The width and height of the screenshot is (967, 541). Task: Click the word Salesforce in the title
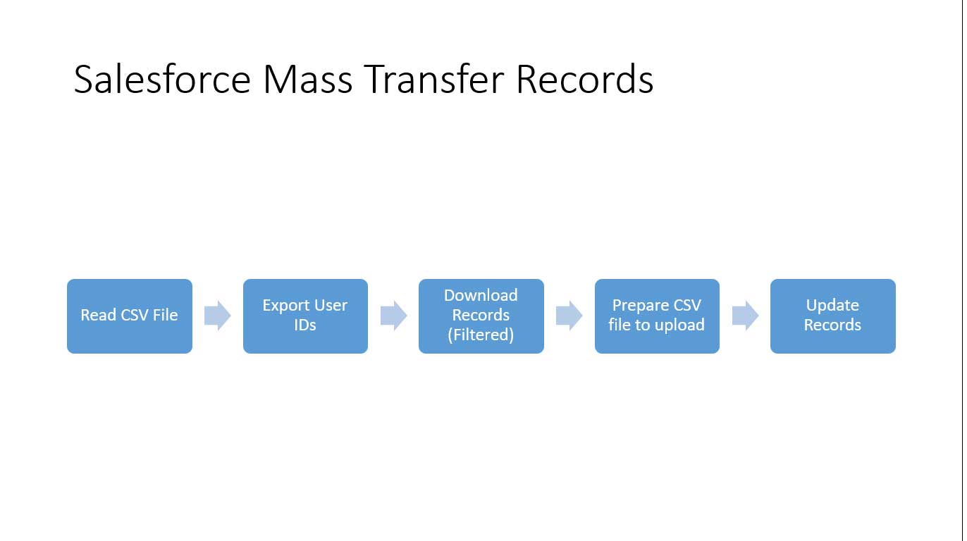click(x=162, y=79)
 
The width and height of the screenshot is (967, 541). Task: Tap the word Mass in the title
click(x=307, y=79)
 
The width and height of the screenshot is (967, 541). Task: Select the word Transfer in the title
click(x=434, y=79)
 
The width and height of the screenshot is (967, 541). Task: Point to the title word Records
click(x=585, y=79)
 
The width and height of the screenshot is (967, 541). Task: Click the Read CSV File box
click(x=130, y=316)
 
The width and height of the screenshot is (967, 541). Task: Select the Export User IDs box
click(x=305, y=316)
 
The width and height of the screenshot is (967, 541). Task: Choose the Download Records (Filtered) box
click(x=481, y=316)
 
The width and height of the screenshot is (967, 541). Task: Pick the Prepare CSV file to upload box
click(x=657, y=316)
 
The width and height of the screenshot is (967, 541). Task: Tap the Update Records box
click(x=833, y=316)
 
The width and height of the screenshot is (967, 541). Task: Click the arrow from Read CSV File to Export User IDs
click(x=218, y=316)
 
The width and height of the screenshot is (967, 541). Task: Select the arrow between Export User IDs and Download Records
click(x=394, y=316)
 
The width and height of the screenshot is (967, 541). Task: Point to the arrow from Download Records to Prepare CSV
click(x=569, y=316)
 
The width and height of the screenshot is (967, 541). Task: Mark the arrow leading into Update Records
click(x=746, y=316)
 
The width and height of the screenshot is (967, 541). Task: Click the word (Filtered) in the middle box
click(x=481, y=335)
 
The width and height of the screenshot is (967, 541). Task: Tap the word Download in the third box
click(x=481, y=296)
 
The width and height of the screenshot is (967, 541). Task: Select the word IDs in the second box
click(x=305, y=325)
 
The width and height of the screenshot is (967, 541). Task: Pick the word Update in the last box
click(x=833, y=306)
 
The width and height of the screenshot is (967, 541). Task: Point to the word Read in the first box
click(x=99, y=316)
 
